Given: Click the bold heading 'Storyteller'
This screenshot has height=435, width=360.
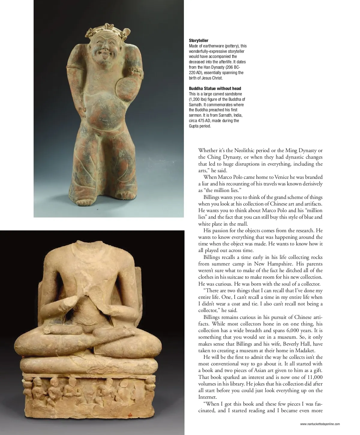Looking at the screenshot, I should pos(199,40).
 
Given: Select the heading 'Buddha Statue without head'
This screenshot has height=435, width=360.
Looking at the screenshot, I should pos(215,88).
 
